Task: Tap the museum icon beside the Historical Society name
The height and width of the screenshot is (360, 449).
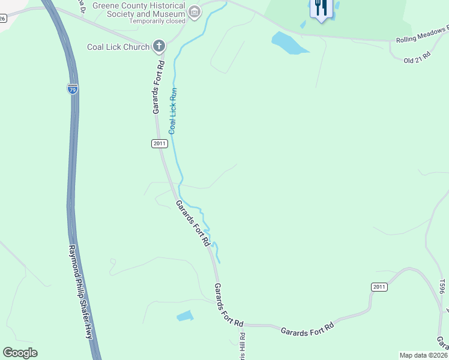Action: [194, 11]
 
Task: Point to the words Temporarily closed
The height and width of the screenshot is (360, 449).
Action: [157, 21]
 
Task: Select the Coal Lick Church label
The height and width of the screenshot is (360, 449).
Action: [118, 47]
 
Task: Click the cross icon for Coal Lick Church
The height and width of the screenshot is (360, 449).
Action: [159, 46]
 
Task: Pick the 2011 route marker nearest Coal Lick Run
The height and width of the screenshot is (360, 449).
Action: [158, 143]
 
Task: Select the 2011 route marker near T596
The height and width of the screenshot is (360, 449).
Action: [379, 287]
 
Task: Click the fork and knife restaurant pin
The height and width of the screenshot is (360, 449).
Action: [321, 8]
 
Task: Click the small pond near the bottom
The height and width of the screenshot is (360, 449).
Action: [185, 316]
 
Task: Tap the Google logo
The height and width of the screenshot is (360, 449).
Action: [20, 353]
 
